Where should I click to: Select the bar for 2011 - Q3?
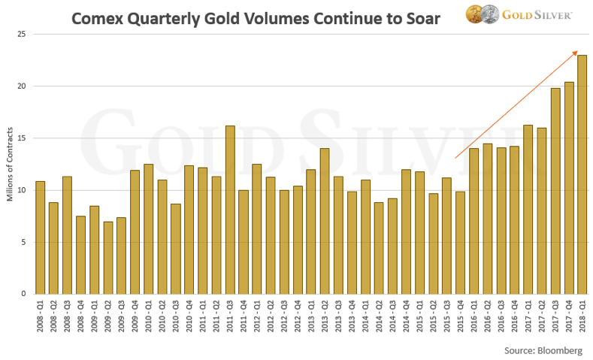[230, 210]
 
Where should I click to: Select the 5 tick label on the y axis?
[23, 242]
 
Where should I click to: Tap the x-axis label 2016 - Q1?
[474, 316]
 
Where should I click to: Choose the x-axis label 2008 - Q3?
[68, 316]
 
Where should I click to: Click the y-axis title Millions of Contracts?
[10, 163]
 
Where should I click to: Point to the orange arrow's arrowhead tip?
[577, 51]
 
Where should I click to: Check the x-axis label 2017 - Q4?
[569, 316]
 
